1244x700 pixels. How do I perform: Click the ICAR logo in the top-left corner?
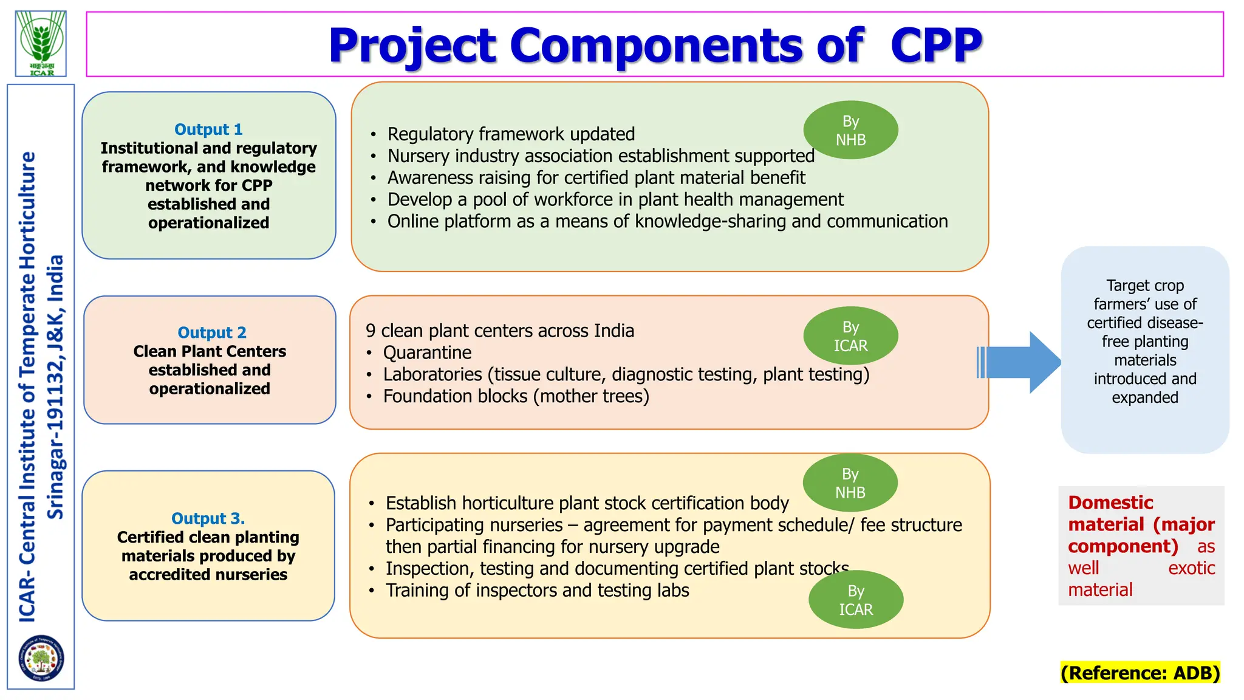41,43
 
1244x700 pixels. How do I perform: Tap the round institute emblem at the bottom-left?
41,658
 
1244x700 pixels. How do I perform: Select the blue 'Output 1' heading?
208,129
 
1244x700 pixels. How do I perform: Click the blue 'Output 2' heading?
211,332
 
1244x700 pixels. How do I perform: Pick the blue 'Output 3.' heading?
208,518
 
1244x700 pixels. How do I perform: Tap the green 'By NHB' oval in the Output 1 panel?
850,130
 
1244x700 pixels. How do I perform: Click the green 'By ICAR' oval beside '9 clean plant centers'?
850,336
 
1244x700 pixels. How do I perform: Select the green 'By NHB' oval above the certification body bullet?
850,482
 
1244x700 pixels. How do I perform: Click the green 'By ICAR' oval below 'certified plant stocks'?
855,600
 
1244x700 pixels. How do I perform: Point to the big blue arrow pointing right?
1020,362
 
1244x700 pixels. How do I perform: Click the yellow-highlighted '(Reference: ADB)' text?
1140,673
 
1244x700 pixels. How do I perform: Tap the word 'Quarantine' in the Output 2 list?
427,352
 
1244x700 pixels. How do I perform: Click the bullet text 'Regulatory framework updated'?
511,134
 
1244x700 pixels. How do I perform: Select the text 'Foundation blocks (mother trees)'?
516,396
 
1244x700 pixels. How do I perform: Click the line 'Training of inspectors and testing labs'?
537,590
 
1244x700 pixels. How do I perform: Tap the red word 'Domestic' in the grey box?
1110,503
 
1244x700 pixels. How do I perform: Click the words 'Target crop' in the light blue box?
1144,286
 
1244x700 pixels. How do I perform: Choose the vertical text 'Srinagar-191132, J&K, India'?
56,386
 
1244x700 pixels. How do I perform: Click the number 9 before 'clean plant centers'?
371,331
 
